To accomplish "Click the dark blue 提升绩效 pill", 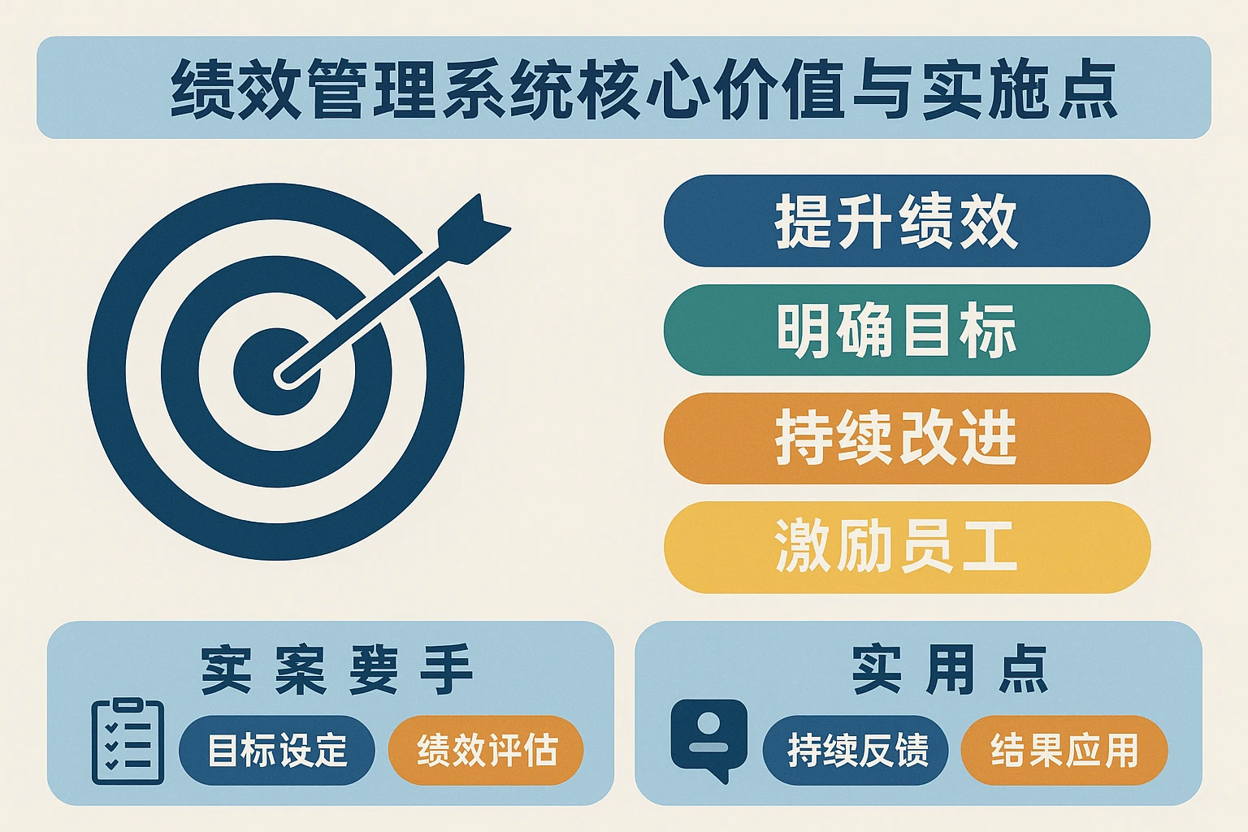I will point(906,221).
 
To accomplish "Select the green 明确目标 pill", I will point(906,330).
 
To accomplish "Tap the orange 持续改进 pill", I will point(906,439).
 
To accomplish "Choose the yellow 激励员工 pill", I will point(906,547).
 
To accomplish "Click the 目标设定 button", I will point(277,750).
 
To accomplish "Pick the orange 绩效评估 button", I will point(487,750).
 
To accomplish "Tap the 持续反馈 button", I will point(856,750).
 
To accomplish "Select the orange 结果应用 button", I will point(1064,750).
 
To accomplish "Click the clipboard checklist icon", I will point(128,741).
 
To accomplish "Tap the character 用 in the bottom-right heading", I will point(951,670).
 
